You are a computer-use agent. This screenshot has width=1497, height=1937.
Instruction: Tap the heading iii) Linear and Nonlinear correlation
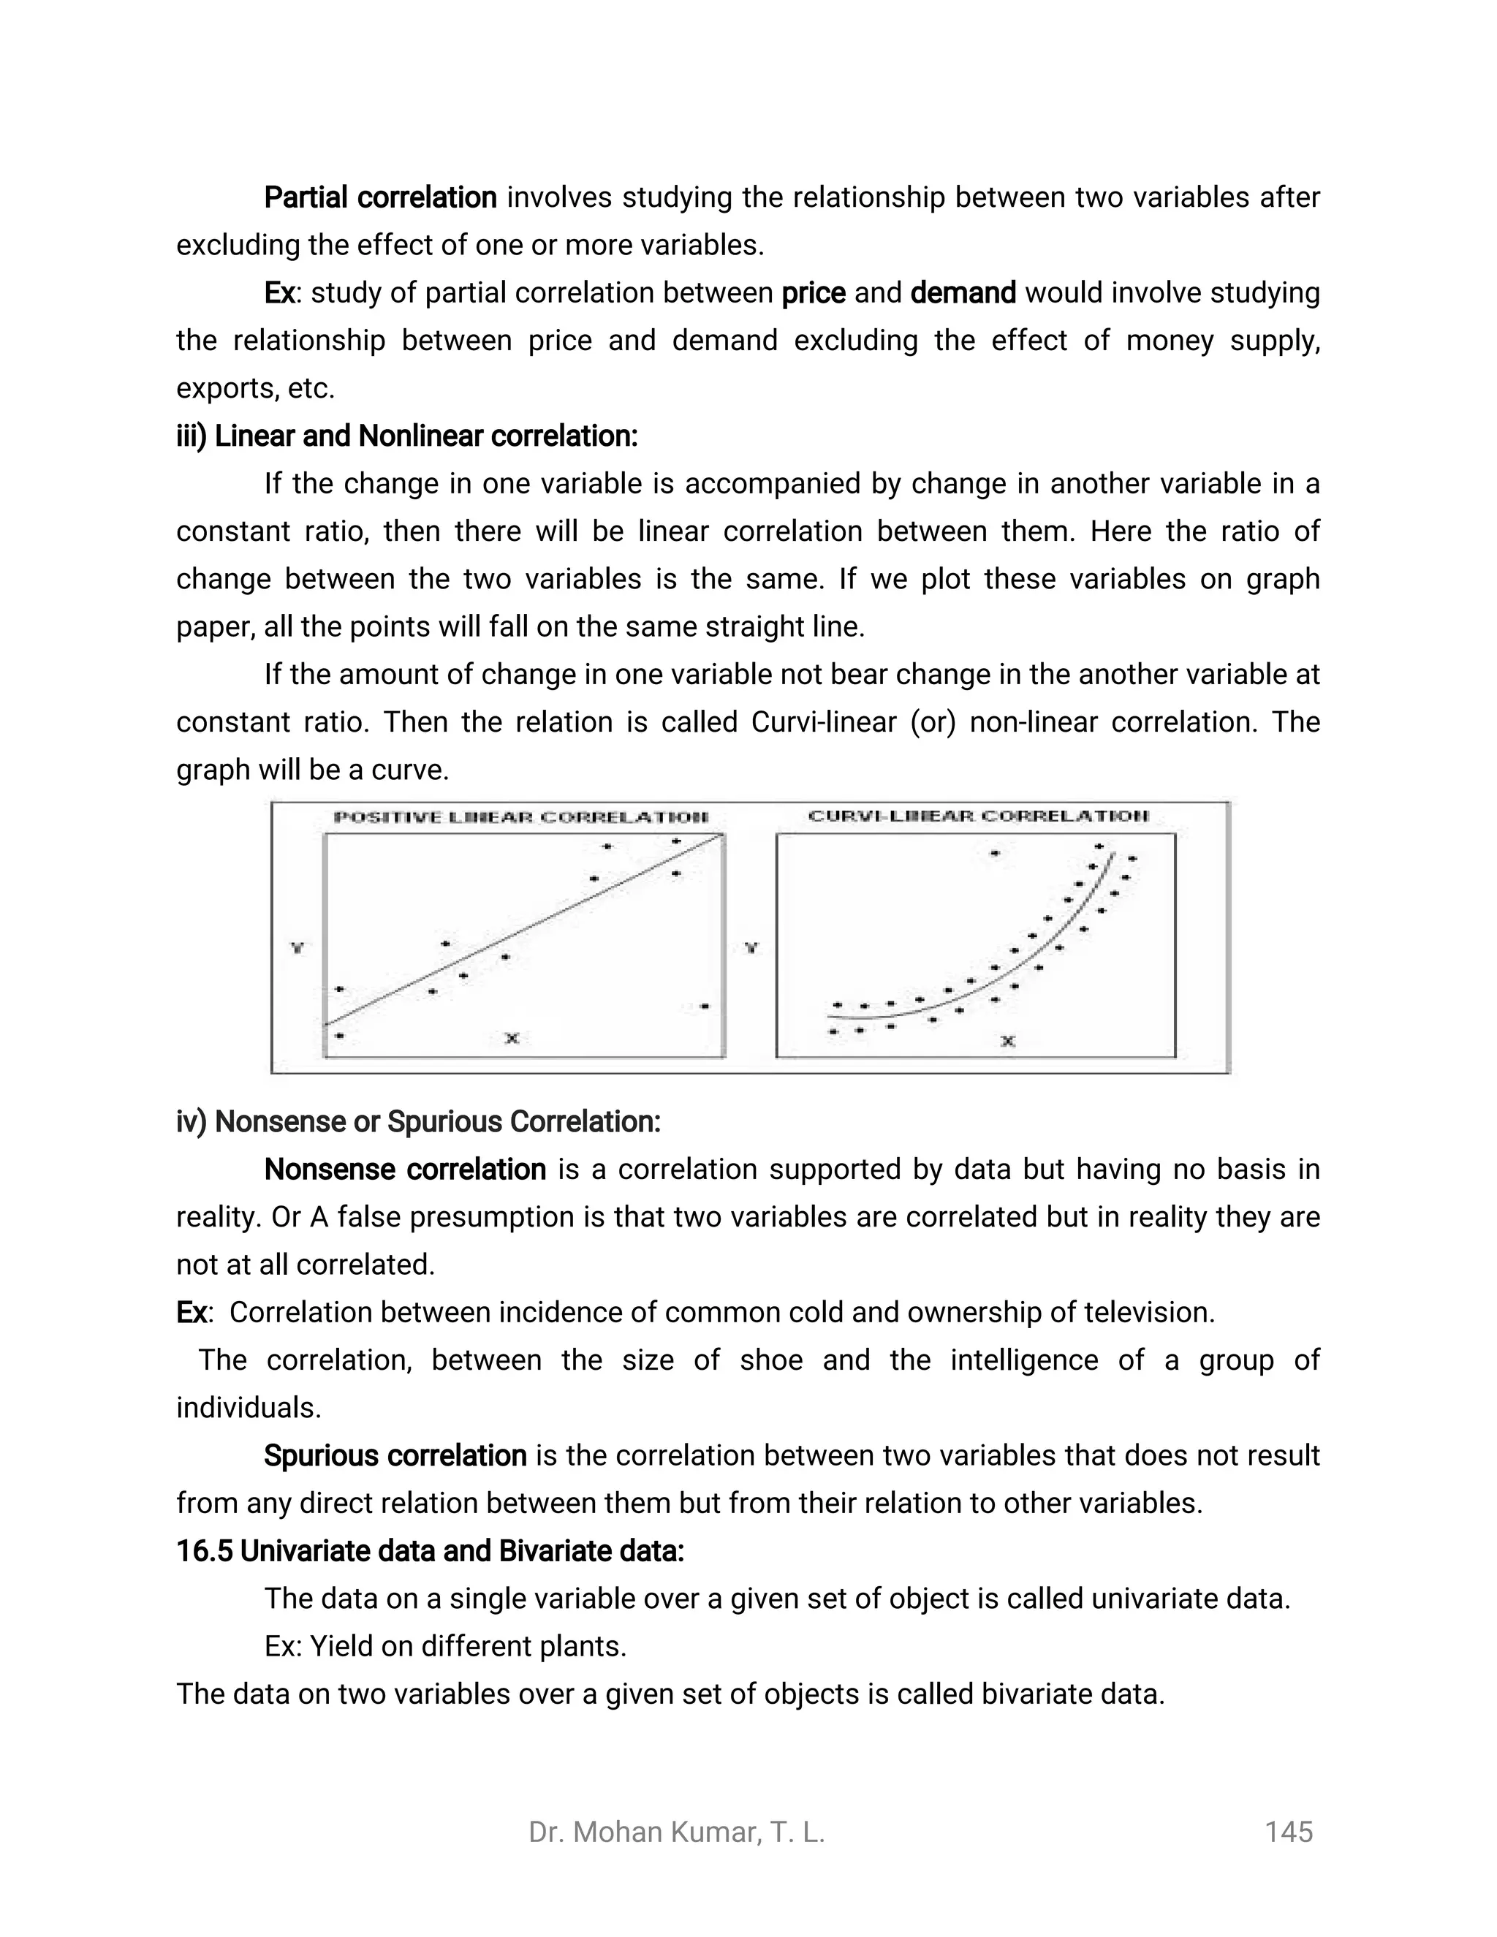pos(407,436)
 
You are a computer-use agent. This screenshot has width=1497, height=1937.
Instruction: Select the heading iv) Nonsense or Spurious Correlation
pos(419,1122)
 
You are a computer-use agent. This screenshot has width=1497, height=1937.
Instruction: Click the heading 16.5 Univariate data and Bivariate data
pos(430,1551)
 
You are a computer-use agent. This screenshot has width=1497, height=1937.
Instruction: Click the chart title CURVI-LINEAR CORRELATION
pos(978,816)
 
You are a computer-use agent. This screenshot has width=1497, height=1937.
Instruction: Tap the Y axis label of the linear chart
pos(298,948)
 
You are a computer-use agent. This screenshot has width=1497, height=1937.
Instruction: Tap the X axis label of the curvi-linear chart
pos(1007,1041)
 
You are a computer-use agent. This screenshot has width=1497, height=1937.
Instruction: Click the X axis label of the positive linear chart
pos(512,1038)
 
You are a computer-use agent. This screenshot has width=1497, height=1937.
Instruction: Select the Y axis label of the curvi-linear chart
pos(751,948)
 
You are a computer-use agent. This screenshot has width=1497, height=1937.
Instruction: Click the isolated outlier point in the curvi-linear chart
pos(995,853)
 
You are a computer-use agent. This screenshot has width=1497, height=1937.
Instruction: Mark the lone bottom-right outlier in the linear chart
pos(704,1006)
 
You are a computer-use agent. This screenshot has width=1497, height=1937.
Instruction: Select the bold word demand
pos(963,292)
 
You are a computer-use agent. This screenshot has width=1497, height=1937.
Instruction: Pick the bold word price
pos(814,292)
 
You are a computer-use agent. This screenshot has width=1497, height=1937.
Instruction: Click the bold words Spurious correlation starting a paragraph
pos(395,1456)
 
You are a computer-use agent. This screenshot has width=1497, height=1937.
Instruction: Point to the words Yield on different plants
pos(467,1647)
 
